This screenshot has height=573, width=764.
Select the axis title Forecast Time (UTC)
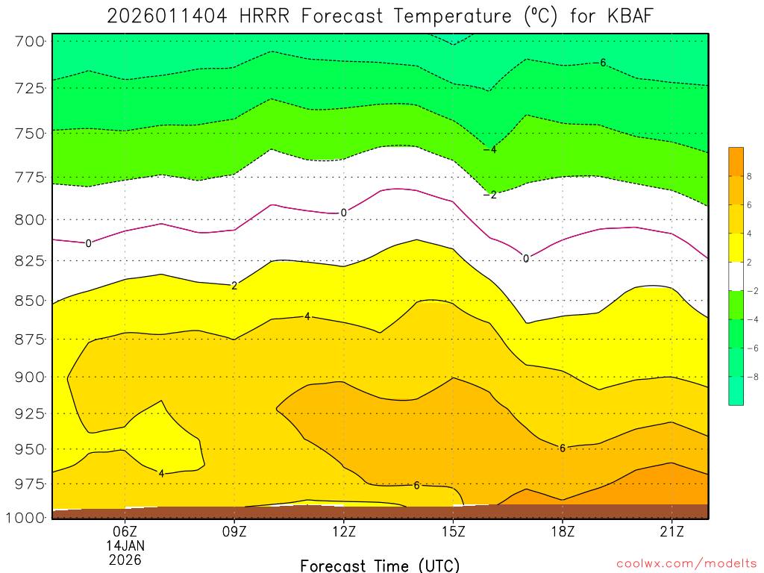pyautogui.click(x=380, y=565)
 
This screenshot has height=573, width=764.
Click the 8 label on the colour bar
pyautogui.click(x=750, y=177)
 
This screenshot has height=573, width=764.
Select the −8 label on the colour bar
pyautogui.click(x=748, y=377)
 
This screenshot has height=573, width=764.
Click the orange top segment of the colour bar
pyautogui.click(x=736, y=161)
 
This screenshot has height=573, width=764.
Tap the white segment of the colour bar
pyautogui.click(x=736, y=276)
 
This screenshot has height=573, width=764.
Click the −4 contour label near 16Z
pyautogui.click(x=489, y=150)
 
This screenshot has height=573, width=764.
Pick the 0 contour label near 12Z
pyautogui.click(x=343, y=213)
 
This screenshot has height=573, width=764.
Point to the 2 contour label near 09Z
pyautogui.click(x=234, y=286)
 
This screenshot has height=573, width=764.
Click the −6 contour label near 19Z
pyautogui.click(x=601, y=63)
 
